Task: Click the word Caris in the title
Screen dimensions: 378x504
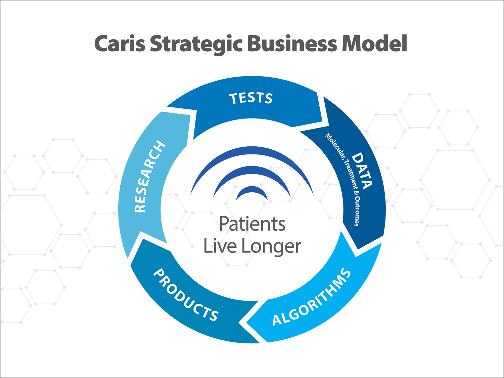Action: [x=120, y=44]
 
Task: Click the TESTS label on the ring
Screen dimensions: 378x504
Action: [x=251, y=98]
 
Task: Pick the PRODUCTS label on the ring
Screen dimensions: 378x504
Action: [x=186, y=295]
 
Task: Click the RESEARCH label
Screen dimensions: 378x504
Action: [x=149, y=177]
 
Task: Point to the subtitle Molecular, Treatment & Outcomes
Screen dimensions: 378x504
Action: [x=343, y=178]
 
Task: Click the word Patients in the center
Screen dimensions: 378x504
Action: [x=252, y=224]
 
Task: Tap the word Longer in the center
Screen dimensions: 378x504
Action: [x=271, y=247]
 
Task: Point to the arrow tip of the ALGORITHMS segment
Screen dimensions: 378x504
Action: [x=248, y=323]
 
